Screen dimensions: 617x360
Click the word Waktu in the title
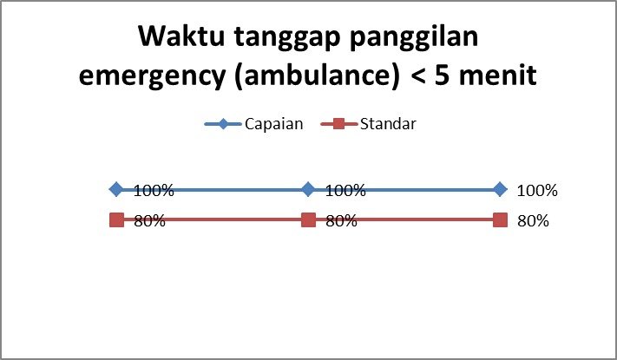[181, 36]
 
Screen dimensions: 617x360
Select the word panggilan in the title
[414, 38]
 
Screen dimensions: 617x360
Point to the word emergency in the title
[152, 77]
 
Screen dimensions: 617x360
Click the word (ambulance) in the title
[317, 75]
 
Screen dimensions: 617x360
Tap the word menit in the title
[498, 75]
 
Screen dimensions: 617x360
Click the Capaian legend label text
[274, 124]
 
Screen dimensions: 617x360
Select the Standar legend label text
[388, 124]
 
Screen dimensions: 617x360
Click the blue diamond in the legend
[223, 124]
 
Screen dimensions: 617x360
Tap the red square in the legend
[338, 124]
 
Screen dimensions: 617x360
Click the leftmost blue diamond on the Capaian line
[116, 189]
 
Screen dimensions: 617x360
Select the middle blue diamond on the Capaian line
[309, 189]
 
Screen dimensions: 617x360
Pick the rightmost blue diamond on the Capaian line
[500, 189]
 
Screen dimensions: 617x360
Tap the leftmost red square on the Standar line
[116, 220]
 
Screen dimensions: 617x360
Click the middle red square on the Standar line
[309, 220]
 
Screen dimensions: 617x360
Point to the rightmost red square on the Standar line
[500, 220]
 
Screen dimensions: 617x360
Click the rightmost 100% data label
[537, 191]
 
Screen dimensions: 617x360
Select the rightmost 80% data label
[533, 221]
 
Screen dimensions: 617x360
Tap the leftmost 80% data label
[149, 221]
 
